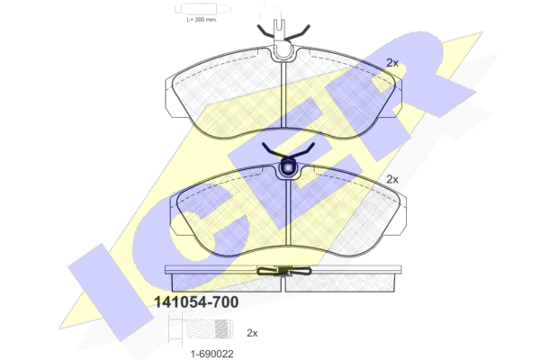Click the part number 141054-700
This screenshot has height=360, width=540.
(x=196, y=302)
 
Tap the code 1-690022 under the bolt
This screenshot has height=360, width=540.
(x=212, y=354)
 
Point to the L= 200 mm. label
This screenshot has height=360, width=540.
(x=202, y=20)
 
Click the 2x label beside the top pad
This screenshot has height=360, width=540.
(x=392, y=63)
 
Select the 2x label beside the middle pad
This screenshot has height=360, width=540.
(x=392, y=179)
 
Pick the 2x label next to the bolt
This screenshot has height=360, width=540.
(x=252, y=333)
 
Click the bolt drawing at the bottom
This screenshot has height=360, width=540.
(x=201, y=328)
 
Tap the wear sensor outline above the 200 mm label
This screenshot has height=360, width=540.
(x=202, y=9)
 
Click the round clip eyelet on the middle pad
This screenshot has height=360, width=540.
(x=288, y=167)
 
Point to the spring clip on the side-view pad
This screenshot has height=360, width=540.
(x=284, y=271)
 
